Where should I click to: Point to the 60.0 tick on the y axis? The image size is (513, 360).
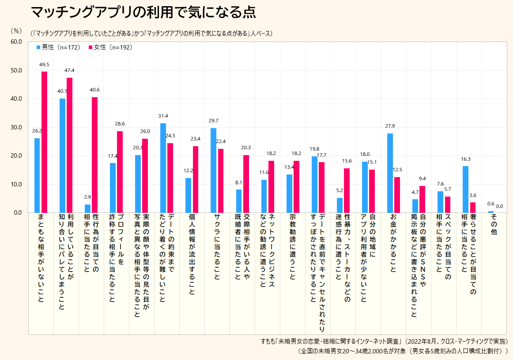16,42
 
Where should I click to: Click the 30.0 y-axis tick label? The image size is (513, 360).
16,127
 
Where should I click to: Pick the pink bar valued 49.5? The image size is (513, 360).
44,142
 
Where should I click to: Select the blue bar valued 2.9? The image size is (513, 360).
87,208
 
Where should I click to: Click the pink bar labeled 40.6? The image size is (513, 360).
94,155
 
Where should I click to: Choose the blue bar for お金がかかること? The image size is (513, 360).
390,173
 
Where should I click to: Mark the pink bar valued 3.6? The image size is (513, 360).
473,207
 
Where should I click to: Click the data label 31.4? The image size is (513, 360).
163,116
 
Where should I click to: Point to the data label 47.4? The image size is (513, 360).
69,70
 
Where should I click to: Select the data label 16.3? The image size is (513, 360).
465,159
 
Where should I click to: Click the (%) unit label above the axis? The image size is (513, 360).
15,30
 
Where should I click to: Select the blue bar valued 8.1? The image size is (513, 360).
239,201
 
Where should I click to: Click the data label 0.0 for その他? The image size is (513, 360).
499,206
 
